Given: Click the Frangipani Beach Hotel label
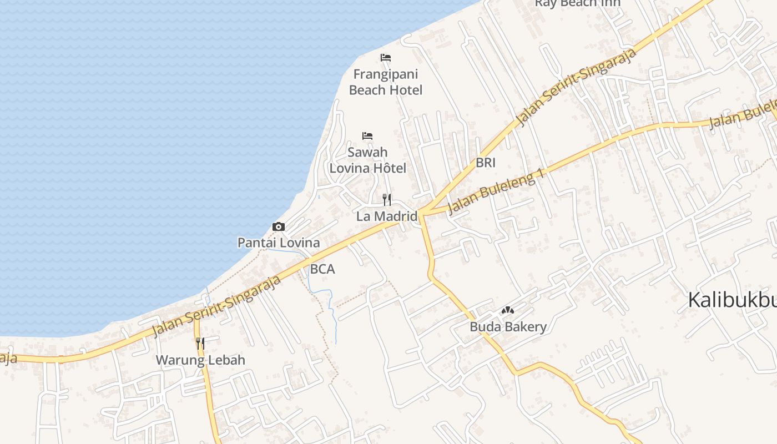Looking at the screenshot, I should click(x=386, y=82).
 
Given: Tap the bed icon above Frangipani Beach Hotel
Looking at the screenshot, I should click(x=386, y=58).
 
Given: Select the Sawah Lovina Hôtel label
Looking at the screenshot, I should click(x=368, y=160).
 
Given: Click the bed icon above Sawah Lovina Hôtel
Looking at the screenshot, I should click(x=367, y=135).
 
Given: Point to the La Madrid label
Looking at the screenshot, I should click(x=387, y=216).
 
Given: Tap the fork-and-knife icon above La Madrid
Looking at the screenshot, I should click(x=387, y=200).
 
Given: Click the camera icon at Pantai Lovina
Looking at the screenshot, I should click(x=279, y=226).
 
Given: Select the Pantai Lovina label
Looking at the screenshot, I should click(x=279, y=243).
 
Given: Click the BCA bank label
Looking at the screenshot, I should click(x=322, y=269).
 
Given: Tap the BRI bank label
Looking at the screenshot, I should click(x=486, y=163).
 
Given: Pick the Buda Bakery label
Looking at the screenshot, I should click(x=508, y=327).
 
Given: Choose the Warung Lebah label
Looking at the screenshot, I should click(x=200, y=360).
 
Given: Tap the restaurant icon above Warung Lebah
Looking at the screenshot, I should click(x=200, y=344).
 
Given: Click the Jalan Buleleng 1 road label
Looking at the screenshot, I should click(x=495, y=192).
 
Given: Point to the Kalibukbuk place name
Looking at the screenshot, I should click(x=731, y=300).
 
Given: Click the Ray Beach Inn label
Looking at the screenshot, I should click(x=578, y=3).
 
